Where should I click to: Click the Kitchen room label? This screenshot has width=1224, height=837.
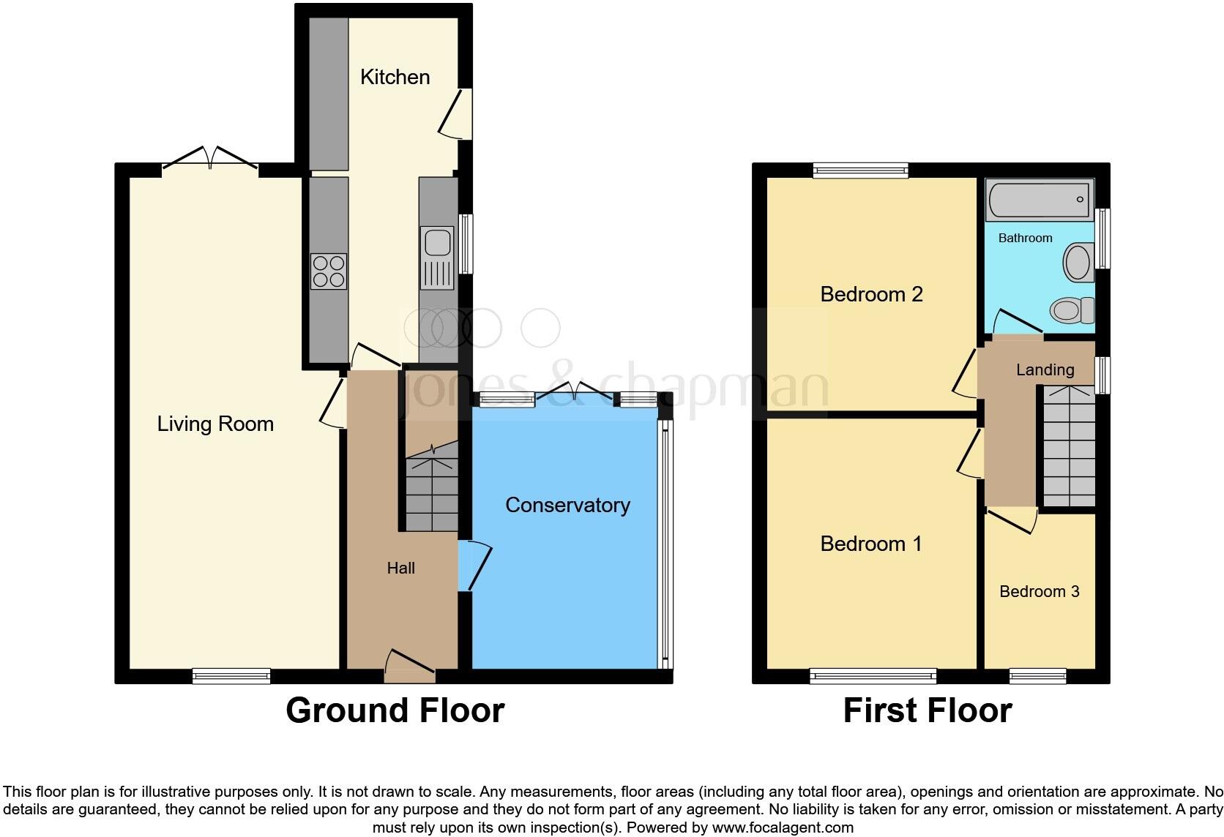(395, 77)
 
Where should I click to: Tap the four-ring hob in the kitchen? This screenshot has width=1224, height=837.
(328, 271)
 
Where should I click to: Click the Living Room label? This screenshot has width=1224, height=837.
(215, 424)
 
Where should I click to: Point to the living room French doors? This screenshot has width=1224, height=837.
(210, 158)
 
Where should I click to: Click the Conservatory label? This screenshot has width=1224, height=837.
(567, 505)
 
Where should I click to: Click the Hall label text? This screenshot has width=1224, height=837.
(400, 568)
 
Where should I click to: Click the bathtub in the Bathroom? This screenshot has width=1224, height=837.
(1039, 199)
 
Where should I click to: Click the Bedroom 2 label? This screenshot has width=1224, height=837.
(871, 294)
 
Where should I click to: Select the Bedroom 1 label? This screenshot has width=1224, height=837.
(870, 544)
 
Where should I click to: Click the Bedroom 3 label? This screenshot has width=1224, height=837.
(1039, 591)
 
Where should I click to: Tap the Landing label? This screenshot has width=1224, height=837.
(1045, 369)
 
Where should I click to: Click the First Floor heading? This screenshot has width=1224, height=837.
(927, 710)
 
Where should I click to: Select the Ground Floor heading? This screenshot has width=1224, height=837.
(395, 710)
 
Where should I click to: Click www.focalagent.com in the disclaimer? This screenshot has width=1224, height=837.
(782, 828)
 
